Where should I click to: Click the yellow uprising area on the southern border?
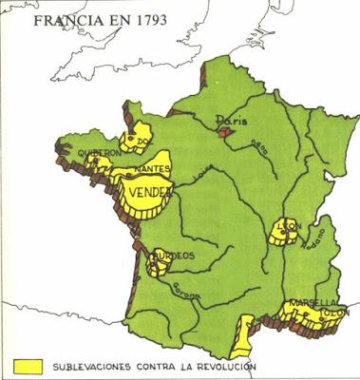pyautogui.click(x=246, y=332)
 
